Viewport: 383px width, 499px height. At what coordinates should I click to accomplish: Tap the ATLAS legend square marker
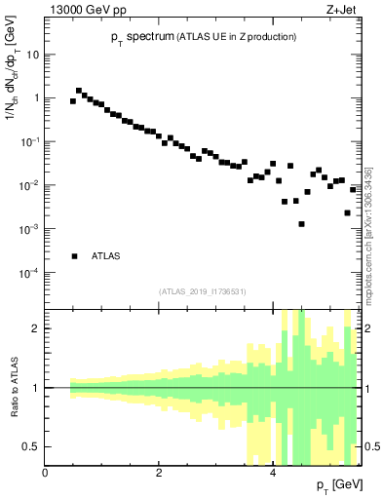point(74,256)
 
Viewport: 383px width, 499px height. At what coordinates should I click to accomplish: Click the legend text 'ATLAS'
point(106,256)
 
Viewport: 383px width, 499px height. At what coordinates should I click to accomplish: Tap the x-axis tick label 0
point(45,473)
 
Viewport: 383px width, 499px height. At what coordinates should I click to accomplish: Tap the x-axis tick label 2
point(159,473)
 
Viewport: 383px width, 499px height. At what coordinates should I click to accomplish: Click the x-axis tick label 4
point(272,473)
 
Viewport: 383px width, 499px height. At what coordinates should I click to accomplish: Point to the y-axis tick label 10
point(31,55)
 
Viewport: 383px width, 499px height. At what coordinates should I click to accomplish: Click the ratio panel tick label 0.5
point(31,446)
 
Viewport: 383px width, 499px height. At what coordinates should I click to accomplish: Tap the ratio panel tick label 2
point(36,328)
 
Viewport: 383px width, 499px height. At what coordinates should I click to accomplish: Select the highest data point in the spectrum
point(79,91)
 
